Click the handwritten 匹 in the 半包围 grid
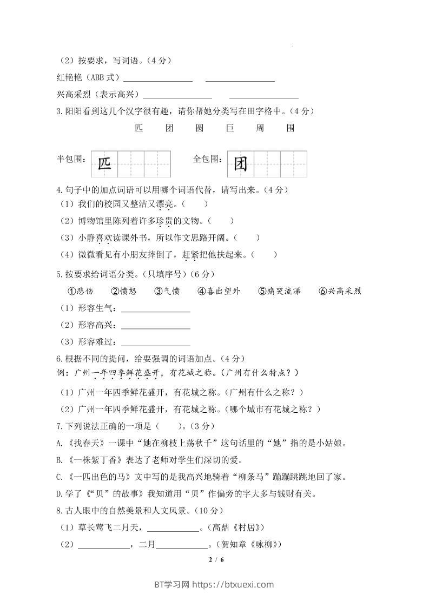(x=104, y=164)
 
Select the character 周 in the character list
(x=260, y=128)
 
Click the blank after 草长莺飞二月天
(x=173, y=528)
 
